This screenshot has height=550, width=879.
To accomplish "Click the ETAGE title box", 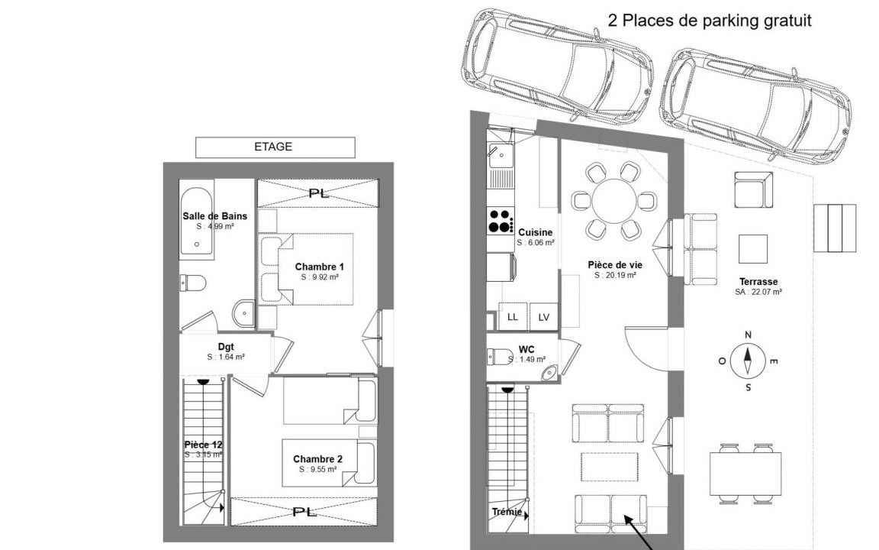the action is point(275,147).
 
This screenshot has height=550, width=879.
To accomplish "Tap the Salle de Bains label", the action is point(214,216).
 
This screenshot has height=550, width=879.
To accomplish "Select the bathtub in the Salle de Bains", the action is point(197,221).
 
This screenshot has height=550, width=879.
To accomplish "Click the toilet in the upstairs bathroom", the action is point(193,283).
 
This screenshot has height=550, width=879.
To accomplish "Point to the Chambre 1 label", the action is point(320,267).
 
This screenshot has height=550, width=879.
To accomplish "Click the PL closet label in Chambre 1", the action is point(319,193).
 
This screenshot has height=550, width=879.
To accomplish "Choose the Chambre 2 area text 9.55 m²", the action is point(318,469).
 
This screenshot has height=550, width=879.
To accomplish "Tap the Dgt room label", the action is point(226,347).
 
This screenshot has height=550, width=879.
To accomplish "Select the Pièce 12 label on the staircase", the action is point(204,445).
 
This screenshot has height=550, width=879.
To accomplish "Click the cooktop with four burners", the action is point(501,221).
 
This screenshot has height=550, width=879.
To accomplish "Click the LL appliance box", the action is point(513,316).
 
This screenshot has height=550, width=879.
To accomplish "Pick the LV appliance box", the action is point(544,317).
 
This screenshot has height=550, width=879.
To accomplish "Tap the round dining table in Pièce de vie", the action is point(614,201).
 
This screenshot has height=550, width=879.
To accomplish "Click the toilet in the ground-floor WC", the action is point(500,357).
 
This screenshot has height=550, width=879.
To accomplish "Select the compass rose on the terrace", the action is point(748,361).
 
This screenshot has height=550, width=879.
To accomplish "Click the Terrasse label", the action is point(758,282).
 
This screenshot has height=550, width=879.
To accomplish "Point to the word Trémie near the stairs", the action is point(507,512).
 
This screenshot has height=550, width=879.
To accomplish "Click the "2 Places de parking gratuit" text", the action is point(710,21).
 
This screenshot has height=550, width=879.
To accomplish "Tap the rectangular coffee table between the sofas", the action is point(610,467).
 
